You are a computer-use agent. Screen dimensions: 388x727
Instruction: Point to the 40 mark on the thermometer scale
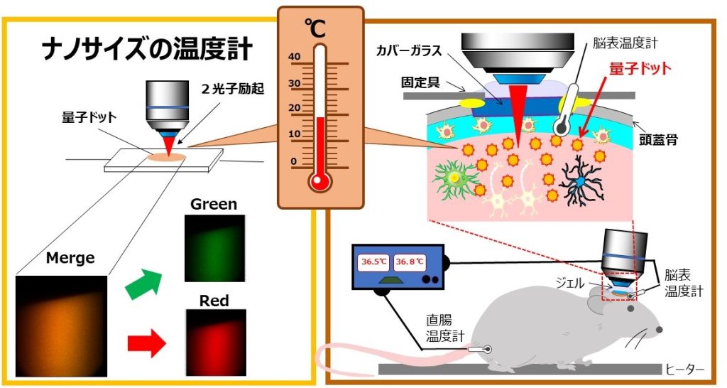(x=295, y=58)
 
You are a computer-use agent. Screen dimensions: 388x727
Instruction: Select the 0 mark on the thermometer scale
(x=295, y=161)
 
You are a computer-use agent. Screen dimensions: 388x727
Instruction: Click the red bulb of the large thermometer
(x=320, y=181)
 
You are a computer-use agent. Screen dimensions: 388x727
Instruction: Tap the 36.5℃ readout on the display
(x=374, y=262)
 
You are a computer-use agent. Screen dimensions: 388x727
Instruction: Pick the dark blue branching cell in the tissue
(x=581, y=183)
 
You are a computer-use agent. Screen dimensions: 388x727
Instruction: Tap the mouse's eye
(x=660, y=330)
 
